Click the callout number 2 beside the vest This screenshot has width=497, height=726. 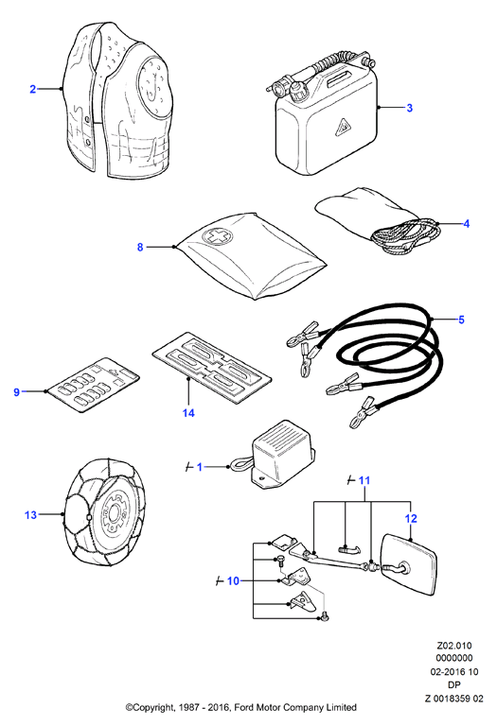coord(32,89)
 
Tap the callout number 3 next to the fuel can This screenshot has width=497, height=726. coord(409,108)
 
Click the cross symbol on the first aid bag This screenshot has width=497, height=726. coord(215,236)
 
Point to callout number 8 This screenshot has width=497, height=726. coord(140,248)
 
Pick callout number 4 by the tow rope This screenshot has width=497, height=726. coord(467,224)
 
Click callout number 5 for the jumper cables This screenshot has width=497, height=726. coord(461,320)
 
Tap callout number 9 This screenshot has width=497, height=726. coord(17,392)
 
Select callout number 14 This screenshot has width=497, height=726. coord(188,413)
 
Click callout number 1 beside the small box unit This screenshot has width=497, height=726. coord(200,467)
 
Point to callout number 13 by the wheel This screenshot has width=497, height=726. coord(30,515)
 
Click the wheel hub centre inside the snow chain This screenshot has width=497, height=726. coord(113,514)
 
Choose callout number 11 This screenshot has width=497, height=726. coord(364,480)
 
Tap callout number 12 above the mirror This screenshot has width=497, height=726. coord(411,519)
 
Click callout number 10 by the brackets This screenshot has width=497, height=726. coord(233,580)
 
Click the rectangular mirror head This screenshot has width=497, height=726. coord(408,564)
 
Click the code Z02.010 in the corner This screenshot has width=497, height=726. coord(454,646)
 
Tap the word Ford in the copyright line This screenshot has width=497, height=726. coord(245,707)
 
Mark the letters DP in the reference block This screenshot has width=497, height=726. coord(454,684)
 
